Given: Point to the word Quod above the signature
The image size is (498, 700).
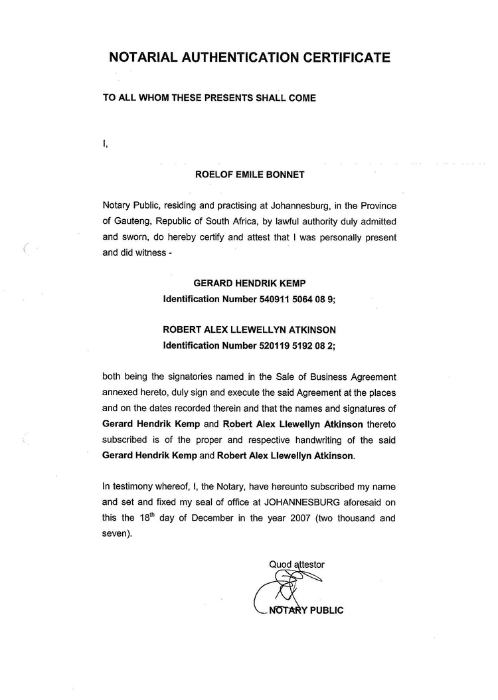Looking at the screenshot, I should (280, 565).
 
